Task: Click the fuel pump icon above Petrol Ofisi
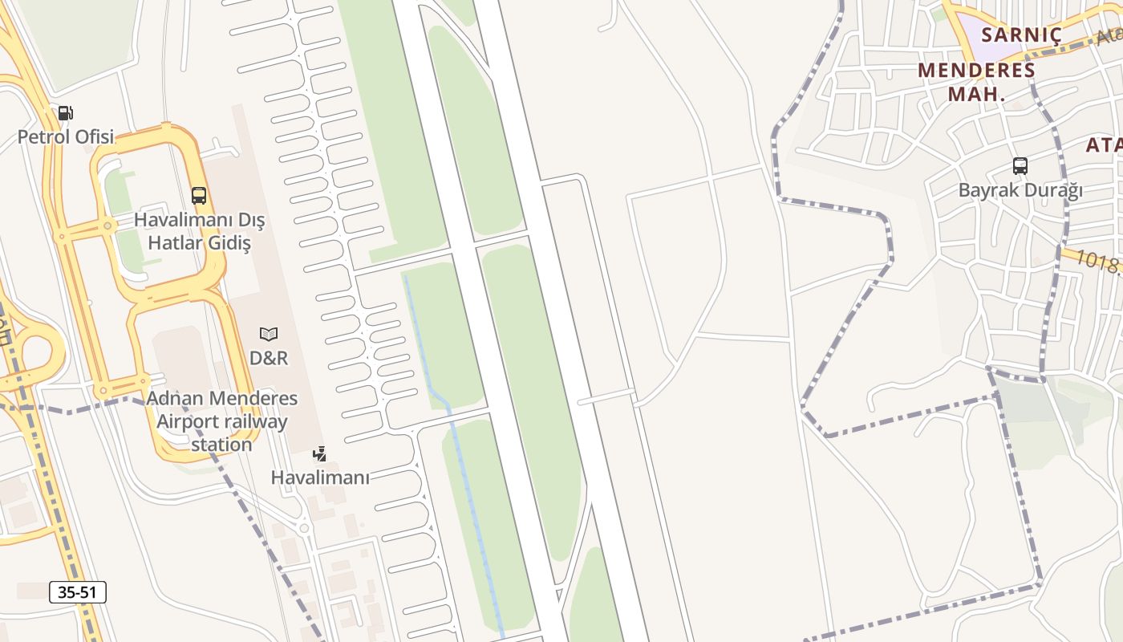point(66,113)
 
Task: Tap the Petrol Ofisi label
point(66,136)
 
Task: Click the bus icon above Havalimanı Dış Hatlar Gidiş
point(199,195)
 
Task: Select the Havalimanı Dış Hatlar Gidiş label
point(199,231)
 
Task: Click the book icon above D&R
point(269,334)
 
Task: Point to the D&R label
point(269,358)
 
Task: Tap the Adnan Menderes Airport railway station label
point(222,421)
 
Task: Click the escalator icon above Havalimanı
point(320,454)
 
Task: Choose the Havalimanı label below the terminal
point(320,477)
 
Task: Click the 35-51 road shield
point(78,593)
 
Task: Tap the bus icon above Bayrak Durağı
point(1020,166)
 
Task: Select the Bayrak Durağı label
point(1020,190)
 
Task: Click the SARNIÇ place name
point(1021,35)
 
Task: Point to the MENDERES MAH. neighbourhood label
point(976,81)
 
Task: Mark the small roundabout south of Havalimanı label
point(303,528)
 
